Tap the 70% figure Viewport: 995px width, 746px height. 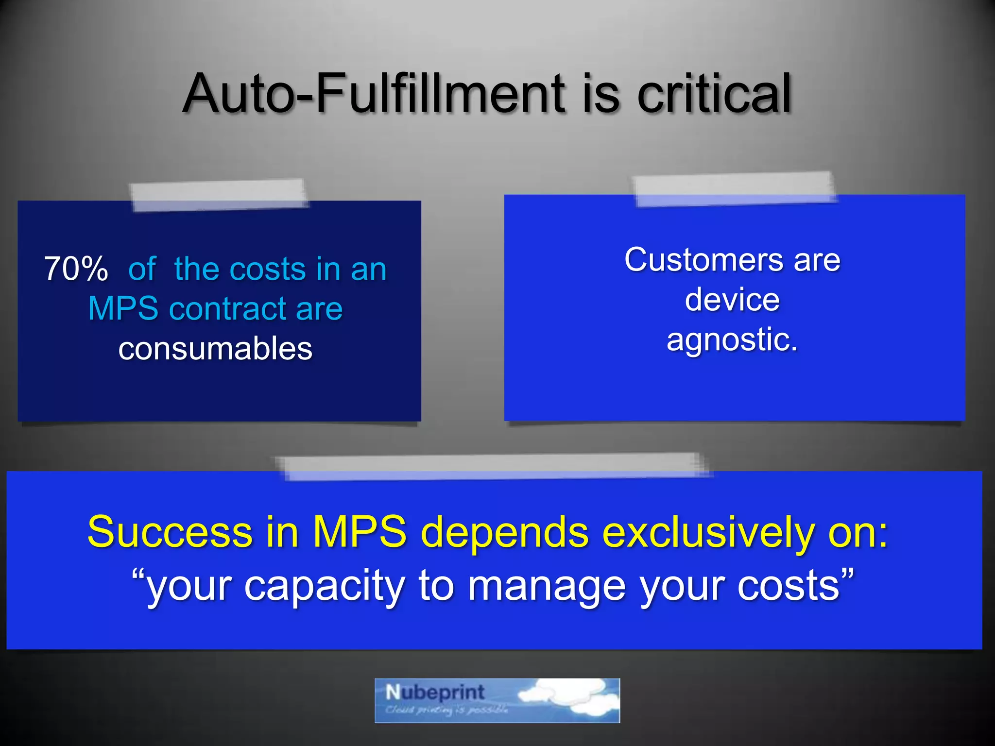pyautogui.click(x=76, y=269)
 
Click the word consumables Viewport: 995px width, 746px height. pyautogui.click(x=215, y=349)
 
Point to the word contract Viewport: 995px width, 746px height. pyautogui.click(x=228, y=309)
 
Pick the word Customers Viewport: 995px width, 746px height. pyautogui.click(x=703, y=260)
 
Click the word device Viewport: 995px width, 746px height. pyautogui.click(x=732, y=300)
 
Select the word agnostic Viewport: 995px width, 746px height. pyautogui.click(x=731, y=339)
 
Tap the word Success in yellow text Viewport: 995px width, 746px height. pyautogui.click(x=170, y=532)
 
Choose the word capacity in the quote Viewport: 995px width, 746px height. pyautogui.click(x=324, y=586)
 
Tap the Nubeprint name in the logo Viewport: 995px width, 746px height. pyautogui.click(x=435, y=692)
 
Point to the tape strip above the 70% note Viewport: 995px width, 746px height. pyautogui.click(x=219, y=195)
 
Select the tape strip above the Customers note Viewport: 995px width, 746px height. pyautogui.click(x=735, y=188)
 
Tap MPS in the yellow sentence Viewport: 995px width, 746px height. pyautogui.click(x=359, y=532)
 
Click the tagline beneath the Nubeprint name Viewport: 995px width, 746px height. pyautogui.click(x=446, y=710)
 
